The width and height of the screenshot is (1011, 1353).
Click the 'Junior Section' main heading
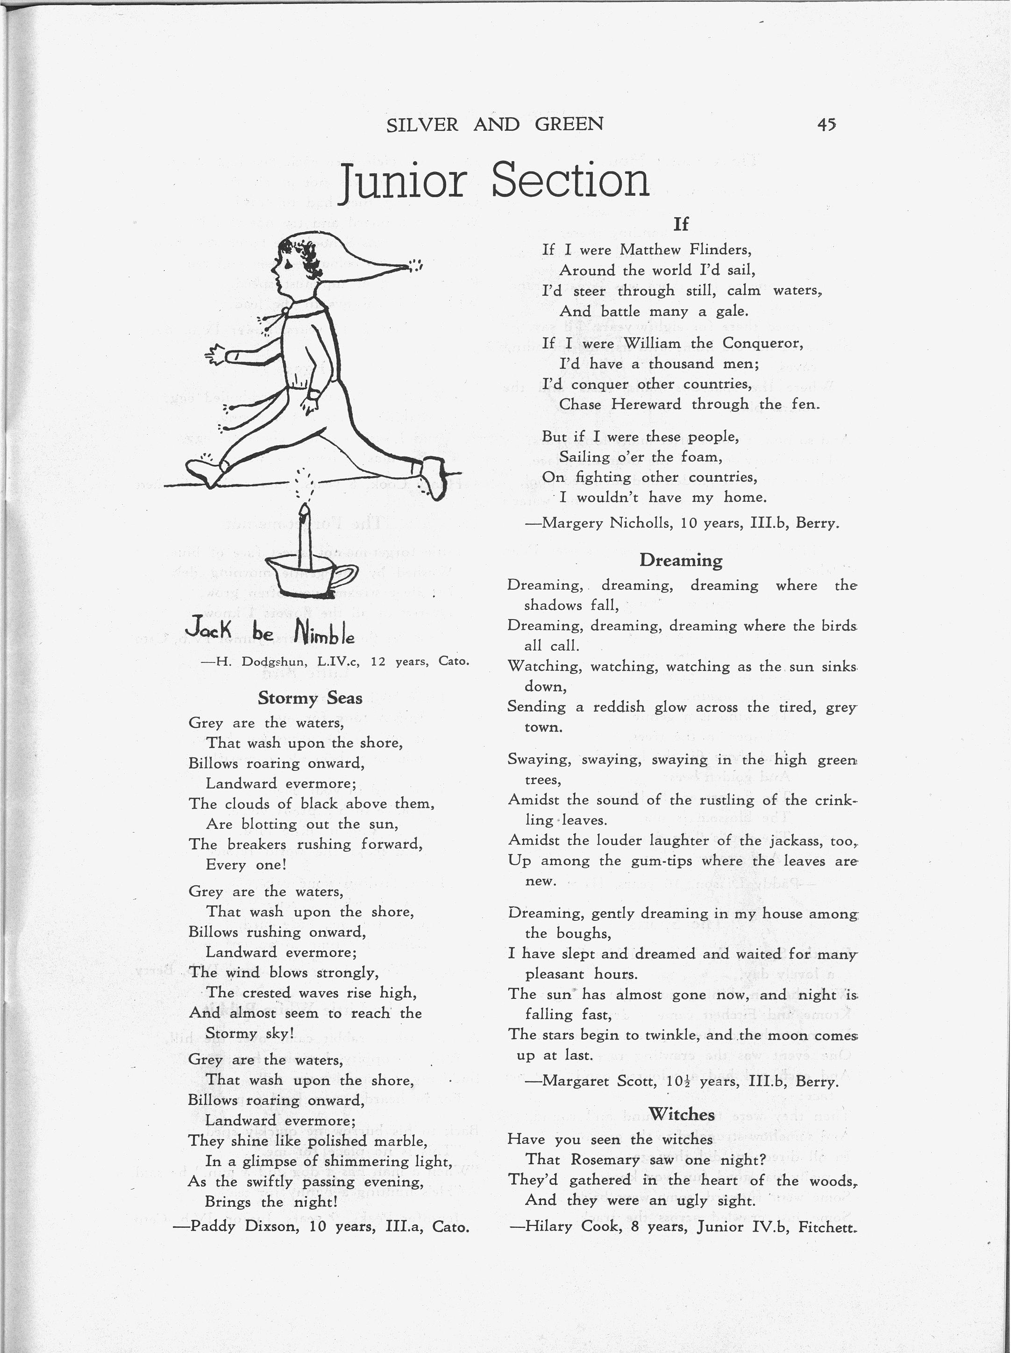click(x=494, y=181)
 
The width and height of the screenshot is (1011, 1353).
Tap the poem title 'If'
click(x=681, y=224)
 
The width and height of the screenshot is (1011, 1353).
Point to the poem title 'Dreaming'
click(x=681, y=560)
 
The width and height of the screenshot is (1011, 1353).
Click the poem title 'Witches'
click(x=681, y=1114)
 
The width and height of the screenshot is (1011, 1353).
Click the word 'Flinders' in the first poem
click(x=720, y=249)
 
